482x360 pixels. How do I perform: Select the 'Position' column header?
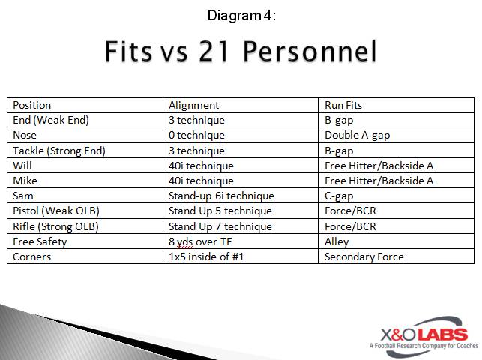(x=32, y=105)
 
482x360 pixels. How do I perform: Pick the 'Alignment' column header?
(x=193, y=105)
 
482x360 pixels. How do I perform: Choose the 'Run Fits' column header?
(x=344, y=105)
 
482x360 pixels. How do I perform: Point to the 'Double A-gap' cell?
(x=357, y=135)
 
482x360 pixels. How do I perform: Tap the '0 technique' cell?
(x=196, y=135)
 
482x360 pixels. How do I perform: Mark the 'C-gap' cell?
(x=340, y=196)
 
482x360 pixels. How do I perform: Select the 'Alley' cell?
(x=337, y=241)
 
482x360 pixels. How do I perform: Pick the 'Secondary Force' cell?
(x=364, y=256)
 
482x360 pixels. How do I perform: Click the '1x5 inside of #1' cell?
(x=206, y=256)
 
